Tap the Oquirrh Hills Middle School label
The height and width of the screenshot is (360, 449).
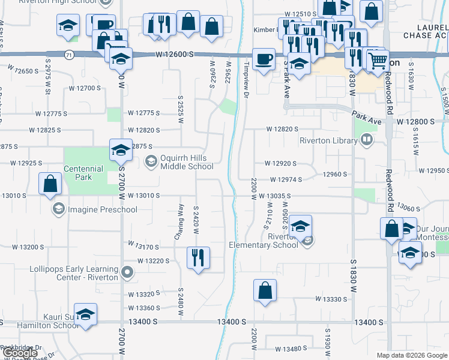185,162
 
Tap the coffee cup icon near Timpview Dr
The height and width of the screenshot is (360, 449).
264,59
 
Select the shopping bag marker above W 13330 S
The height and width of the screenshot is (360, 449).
265,291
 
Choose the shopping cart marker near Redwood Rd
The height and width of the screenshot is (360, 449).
378,59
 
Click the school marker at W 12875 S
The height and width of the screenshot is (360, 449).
120,150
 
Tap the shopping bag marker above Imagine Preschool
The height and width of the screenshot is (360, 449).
50,183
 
